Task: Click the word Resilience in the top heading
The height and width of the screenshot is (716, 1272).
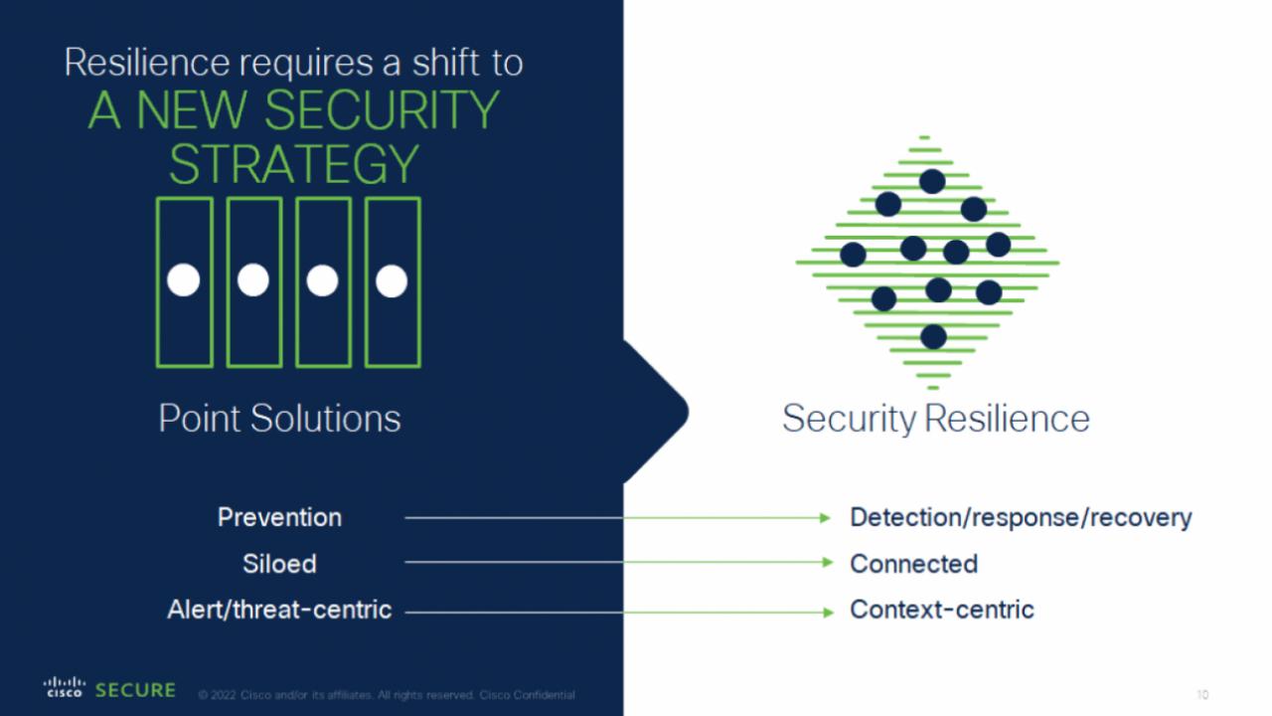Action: click(x=146, y=62)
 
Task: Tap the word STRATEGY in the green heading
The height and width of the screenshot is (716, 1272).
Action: click(x=293, y=163)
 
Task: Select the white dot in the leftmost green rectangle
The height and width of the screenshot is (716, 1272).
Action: click(x=184, y=281)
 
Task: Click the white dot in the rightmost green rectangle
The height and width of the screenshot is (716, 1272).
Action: click(x=392, y=281)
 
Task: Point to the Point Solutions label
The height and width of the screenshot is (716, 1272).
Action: click(x=279, y=419)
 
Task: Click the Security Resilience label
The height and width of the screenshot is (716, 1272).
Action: click(x=935, y=419)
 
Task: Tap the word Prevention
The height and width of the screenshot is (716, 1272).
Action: click(x=279, y=517)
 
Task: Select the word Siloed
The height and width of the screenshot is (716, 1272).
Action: click(x=279, y=564)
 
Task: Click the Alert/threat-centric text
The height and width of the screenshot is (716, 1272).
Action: click(x=279, y=610)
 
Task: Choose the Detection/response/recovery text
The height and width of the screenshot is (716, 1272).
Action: click(x=1020, y=517)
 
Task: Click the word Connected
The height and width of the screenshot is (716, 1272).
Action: click(x=913, y=564)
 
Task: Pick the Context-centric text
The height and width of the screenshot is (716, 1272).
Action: click(x=941, y=610)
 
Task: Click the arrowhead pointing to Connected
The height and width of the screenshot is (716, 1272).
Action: click(x=827, y=563)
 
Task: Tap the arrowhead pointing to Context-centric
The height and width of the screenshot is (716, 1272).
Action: click(x=827, y=613)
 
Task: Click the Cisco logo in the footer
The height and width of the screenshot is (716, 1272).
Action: click(x=65, y=687)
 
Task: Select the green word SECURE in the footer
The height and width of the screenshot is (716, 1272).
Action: click(x=135, y=690)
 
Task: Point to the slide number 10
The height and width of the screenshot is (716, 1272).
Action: click(x=1202, y=695)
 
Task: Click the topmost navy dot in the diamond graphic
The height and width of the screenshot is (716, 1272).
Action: click(x=932, y=181)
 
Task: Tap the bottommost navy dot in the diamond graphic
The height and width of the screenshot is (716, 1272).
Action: click(x=933, y=337)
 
